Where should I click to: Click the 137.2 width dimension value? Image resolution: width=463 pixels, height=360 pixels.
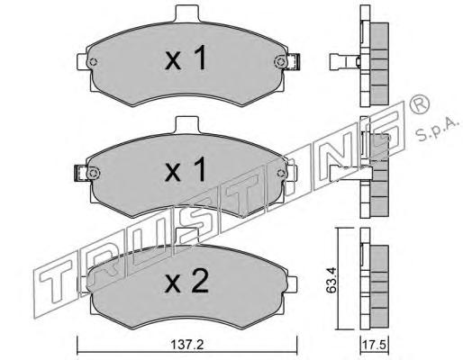tap(187, 345)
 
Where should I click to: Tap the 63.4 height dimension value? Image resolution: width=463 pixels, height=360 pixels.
tap(331, 281)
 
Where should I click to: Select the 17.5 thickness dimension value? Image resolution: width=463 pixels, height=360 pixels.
tap(375, 345)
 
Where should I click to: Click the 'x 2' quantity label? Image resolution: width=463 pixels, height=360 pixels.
tap(186, 281)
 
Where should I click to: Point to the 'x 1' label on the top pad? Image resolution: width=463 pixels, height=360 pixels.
tap(186, 58)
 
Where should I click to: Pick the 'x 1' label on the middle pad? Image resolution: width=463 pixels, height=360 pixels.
tap(186, 169)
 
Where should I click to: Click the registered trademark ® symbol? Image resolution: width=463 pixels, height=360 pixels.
tap(420, 103)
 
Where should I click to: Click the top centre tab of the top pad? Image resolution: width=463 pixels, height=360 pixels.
tap(187, 13)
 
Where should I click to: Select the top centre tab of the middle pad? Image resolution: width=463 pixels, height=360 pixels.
tap(187, 125)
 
